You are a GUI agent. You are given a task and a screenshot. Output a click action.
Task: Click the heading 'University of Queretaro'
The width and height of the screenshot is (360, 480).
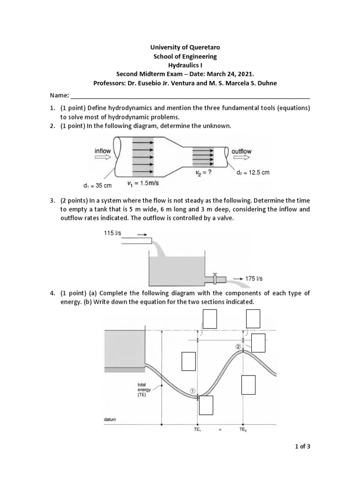tap(180, 47)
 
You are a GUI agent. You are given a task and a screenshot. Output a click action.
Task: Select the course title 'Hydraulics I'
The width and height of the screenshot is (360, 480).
tap(180, 65)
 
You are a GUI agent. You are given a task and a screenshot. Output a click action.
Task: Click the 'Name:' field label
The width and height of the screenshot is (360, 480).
tap(59, 96)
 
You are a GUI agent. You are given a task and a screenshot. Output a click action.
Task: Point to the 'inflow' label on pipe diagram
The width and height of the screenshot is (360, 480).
tap(103, 151)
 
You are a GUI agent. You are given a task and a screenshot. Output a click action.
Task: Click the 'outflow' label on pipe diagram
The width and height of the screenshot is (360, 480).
tap(241, 151)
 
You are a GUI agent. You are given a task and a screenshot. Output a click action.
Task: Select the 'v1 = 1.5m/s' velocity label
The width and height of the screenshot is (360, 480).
tap(144, 183)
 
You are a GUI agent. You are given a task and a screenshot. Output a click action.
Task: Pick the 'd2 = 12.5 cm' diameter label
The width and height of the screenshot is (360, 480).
tap(254, 172)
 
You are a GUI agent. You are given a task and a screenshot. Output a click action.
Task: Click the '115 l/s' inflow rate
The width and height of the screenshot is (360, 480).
tap(112, 233)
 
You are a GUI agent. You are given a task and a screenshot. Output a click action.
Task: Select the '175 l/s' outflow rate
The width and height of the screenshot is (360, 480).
tap(254, 278)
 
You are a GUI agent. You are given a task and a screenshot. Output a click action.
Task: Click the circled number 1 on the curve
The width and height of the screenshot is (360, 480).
tap(192, 390)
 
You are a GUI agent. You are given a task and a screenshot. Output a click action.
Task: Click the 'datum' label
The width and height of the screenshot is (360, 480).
tap(109, 419)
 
